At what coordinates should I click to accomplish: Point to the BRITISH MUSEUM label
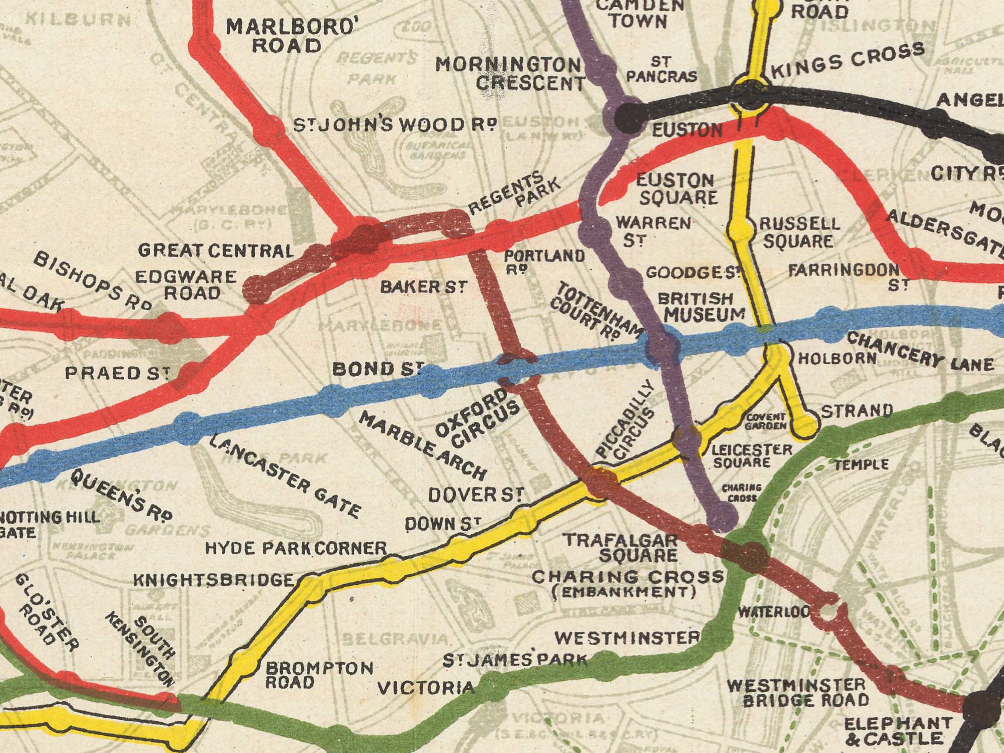701,306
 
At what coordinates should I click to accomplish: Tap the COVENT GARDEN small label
766,422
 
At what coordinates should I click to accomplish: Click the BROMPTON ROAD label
319,675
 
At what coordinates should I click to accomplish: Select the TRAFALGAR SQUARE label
621,547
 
